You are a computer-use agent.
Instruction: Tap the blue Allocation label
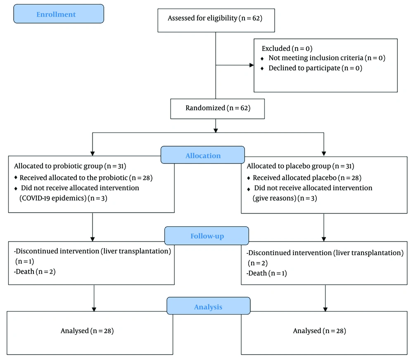203,155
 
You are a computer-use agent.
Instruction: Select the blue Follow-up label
207,236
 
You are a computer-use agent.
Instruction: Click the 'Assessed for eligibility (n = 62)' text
215,18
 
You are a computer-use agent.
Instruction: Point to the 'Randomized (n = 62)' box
218,109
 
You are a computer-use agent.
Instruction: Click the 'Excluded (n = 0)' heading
287,48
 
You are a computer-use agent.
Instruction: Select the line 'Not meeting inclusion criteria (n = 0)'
327,58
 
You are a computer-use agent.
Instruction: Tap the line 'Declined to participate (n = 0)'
315,68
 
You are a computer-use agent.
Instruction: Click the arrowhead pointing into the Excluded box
252,65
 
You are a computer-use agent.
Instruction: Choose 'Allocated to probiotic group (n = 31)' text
70,166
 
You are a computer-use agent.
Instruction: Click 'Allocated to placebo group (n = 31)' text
301,166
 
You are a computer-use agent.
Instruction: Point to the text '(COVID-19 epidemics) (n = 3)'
64,198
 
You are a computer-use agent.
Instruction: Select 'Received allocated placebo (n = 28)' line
307,178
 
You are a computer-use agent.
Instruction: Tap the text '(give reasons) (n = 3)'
285,198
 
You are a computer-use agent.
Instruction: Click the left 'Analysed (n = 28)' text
87,331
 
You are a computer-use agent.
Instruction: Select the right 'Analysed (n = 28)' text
320,331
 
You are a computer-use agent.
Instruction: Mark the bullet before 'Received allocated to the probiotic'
16,178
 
